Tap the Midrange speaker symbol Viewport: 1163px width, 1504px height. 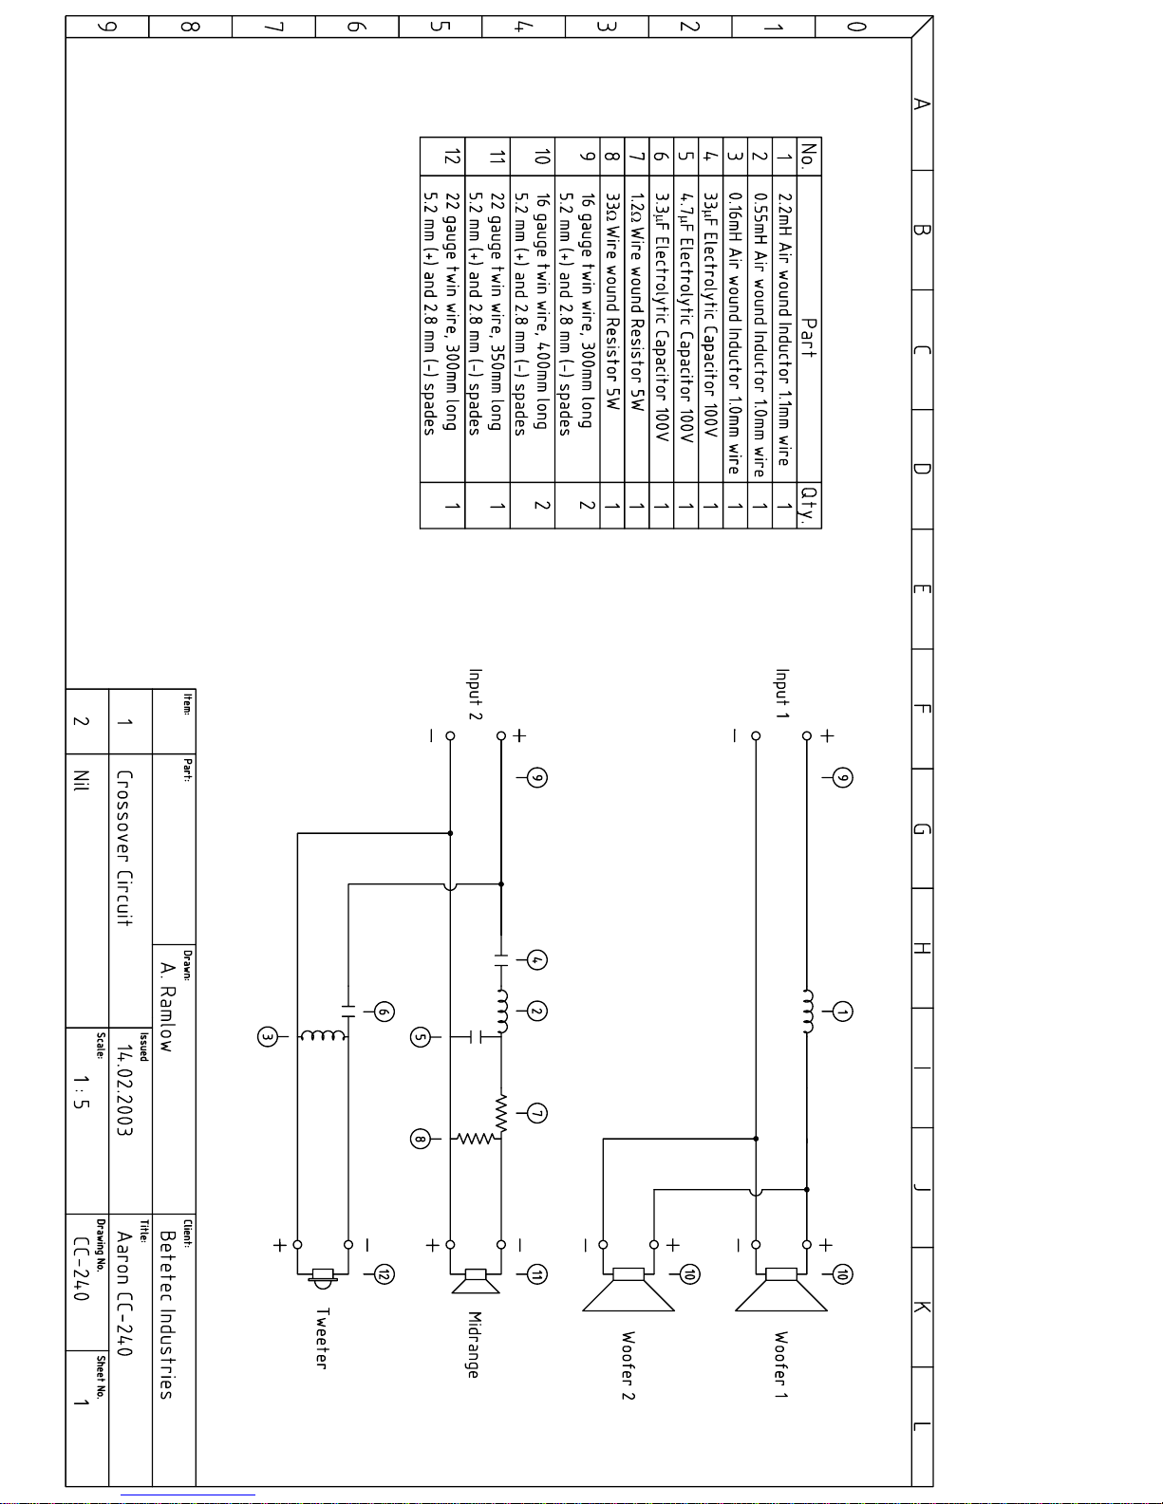pos(476,1280)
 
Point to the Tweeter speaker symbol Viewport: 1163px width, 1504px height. pos(324,1277)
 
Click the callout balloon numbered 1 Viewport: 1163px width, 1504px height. pos(842,1012)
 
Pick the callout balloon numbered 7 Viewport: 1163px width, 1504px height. pos(537,1113)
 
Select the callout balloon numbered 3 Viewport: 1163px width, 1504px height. pos(268,1037)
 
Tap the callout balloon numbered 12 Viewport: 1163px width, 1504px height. pos(384,1274)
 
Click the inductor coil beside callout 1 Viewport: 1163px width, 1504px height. pos(808,1012)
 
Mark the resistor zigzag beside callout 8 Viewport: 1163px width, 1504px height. pos(475,1139)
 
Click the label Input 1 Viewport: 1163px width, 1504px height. pos(782,694)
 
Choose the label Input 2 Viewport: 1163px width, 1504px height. pos(476,694)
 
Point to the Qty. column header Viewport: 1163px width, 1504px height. pos(809,505)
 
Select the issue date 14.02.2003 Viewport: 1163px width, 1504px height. pos(125,1090)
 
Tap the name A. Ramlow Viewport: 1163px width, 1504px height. pos(167,1006)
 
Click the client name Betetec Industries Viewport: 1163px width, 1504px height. pos(167,1314)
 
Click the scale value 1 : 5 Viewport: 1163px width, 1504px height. pos(82,1091)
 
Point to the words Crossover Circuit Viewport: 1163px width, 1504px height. pos(124,847)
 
